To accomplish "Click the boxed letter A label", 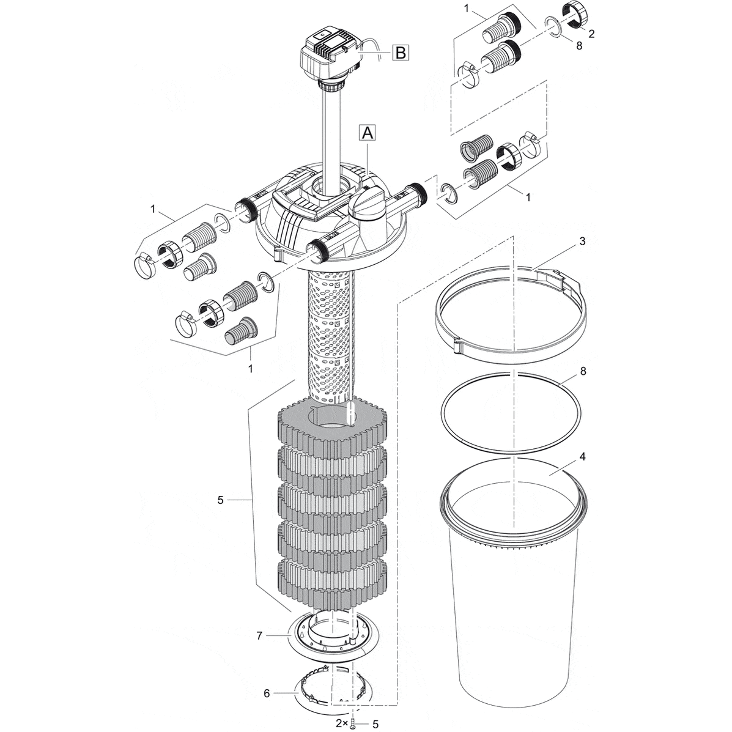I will click(366, 132).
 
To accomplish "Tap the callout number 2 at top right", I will click(590, 34).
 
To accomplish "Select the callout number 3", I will click(582, 242).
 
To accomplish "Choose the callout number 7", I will click(259, 636).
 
